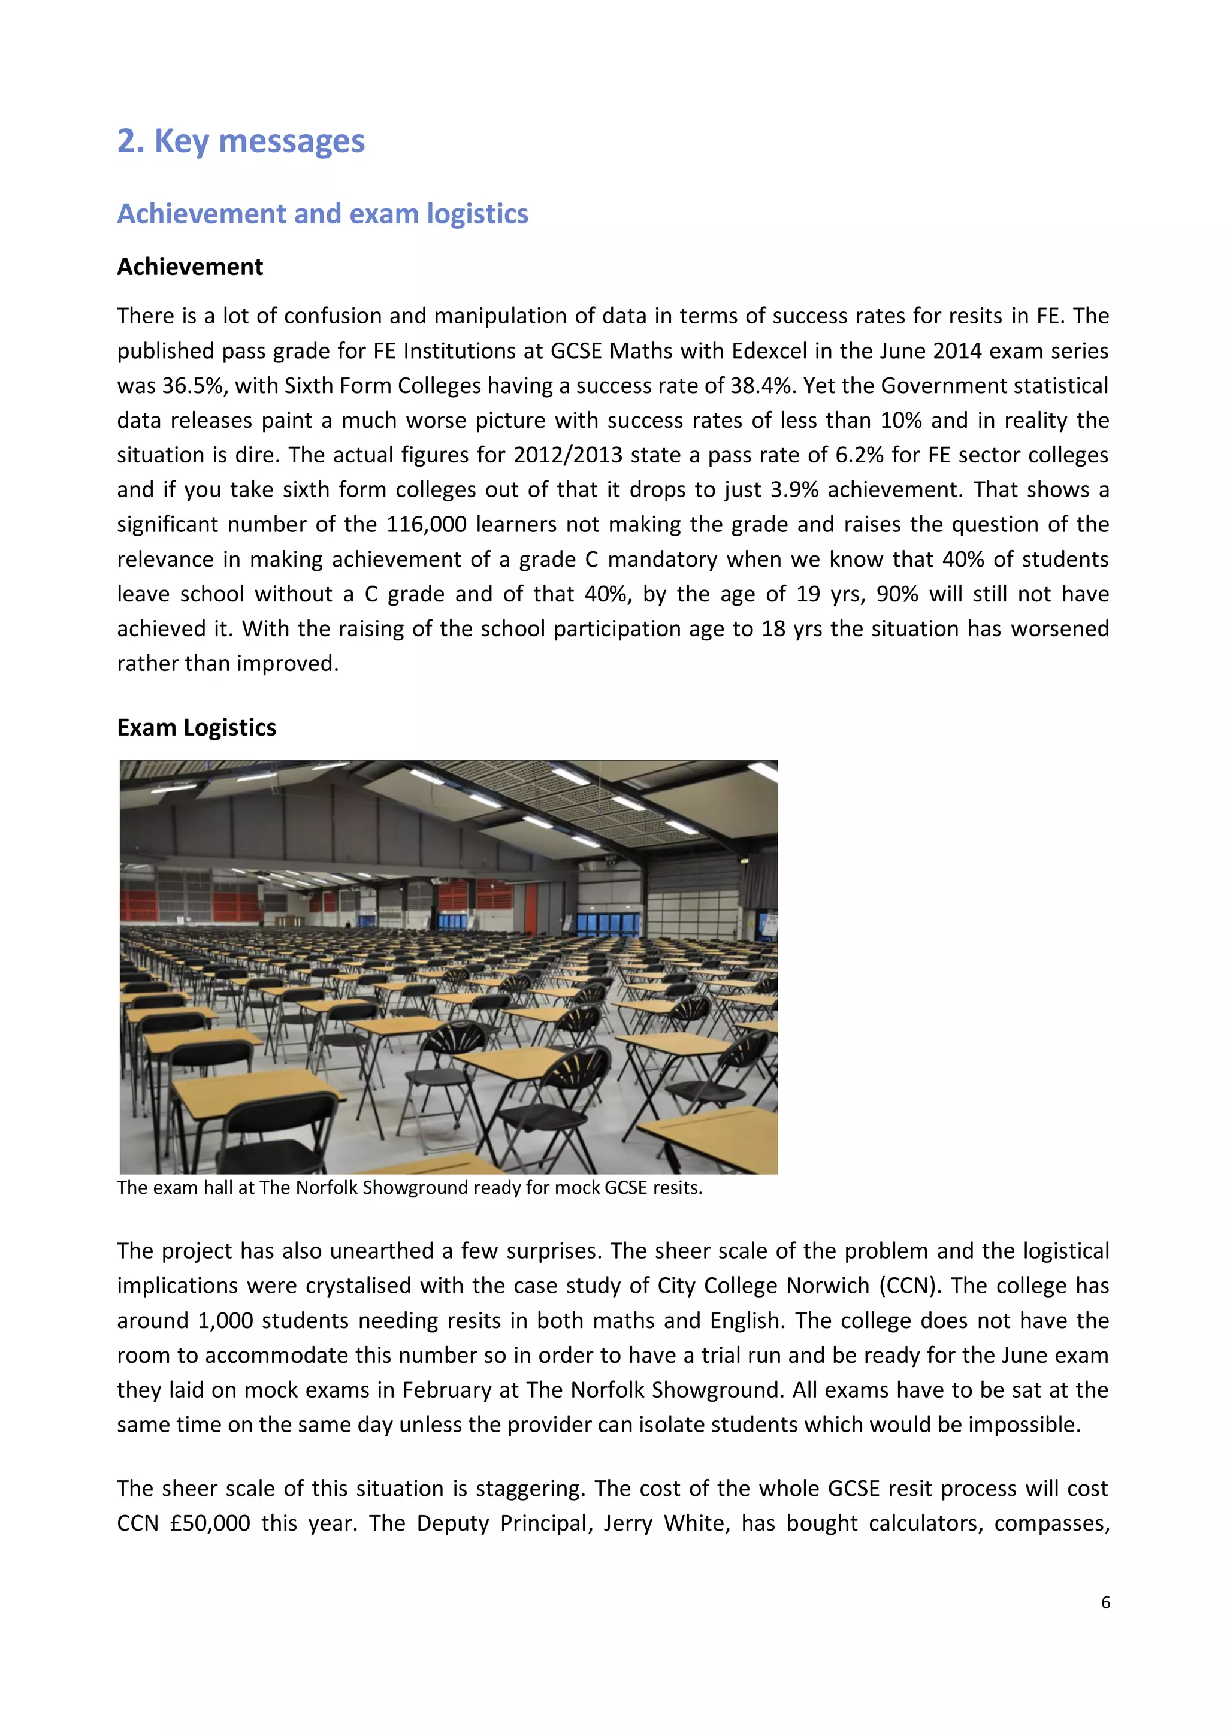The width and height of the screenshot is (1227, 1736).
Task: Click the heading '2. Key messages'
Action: [x=240, y=141]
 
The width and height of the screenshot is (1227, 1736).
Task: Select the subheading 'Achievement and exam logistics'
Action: [x=322, y=214]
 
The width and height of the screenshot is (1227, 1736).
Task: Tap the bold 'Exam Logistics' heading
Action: [x=197, y=727]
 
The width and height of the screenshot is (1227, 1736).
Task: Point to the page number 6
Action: [x=1105, y=1602]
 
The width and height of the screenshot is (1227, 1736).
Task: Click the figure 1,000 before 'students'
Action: [x=225, y=1320]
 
